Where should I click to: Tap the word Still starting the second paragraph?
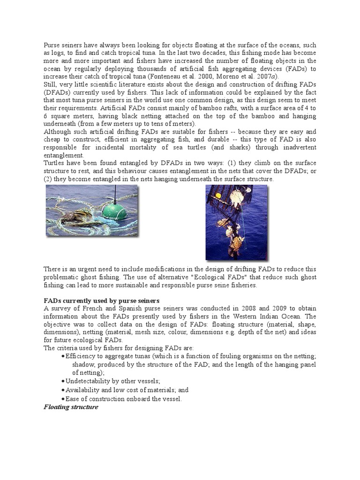click(x=51, y=84)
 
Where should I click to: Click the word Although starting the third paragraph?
click(x=59, y=132)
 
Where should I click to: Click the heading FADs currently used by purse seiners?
click(x=102, y=300)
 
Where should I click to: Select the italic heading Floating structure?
click(x=71, y=407)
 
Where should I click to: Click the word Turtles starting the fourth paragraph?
click(x=54, y=164)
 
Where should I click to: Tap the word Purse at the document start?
click(x=52, y=45)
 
